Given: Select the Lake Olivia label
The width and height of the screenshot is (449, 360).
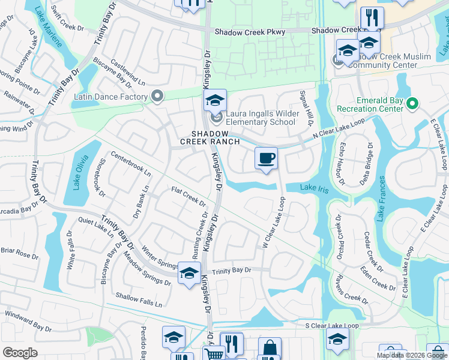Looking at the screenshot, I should (x=77, y=173).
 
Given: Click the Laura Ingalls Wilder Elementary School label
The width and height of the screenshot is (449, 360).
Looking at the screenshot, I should (x=260, y=118).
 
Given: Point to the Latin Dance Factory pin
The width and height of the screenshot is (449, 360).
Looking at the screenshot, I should (x=157, y=97).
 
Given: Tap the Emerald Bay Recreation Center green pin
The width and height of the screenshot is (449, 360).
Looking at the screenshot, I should (x=412, y=104).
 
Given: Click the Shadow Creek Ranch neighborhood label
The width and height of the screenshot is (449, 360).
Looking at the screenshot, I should (x=210, y=137).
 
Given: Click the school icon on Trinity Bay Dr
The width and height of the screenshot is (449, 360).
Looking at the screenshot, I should (x=189, y=273).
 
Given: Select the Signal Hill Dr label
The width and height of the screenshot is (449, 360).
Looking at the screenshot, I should (x=303, y=109).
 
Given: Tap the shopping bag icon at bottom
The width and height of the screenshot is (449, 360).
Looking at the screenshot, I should (x=270, y=348).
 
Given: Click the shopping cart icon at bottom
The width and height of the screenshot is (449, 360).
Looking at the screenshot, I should (x=214, y=353).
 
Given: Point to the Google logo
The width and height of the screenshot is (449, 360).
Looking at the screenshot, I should (x=20, y=353).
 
